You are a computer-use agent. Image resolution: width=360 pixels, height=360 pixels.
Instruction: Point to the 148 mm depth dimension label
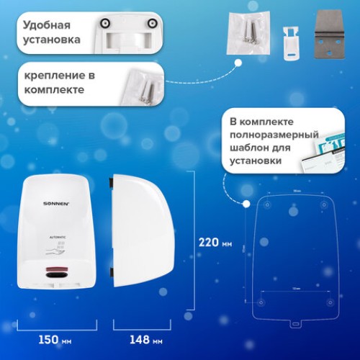point(140,338)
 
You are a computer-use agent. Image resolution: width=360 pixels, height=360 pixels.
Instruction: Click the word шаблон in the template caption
point(249,147)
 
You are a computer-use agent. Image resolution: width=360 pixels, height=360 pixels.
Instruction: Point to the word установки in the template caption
point(256,160)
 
